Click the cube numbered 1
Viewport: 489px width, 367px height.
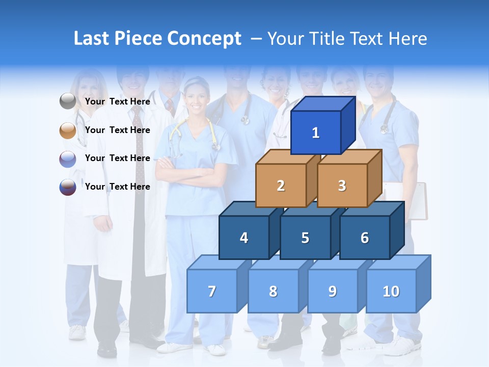(x=316, y=133)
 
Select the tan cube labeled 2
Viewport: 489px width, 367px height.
(x=281, y=186)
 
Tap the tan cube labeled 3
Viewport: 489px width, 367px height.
(x=342, y=186)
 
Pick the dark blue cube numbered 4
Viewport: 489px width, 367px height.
(x=244, y=238)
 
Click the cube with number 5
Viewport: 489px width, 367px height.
(x=305, y=238)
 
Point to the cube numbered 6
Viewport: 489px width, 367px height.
(x=365, y=238)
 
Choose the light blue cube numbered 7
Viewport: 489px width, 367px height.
(x=212, y=291)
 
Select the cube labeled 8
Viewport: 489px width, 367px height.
(x=273, y=291)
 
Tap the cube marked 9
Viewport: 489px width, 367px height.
(x=333, y=291)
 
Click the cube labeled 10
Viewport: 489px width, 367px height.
(x=391, y=291)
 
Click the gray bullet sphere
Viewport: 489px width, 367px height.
(x=68, y=101)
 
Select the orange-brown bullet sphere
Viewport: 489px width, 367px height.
(x=68, y=130)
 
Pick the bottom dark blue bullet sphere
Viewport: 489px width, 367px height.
(x=68, y=187)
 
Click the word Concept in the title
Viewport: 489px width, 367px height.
(x=204, y=39)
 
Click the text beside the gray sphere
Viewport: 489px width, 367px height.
(x=118, y=101)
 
